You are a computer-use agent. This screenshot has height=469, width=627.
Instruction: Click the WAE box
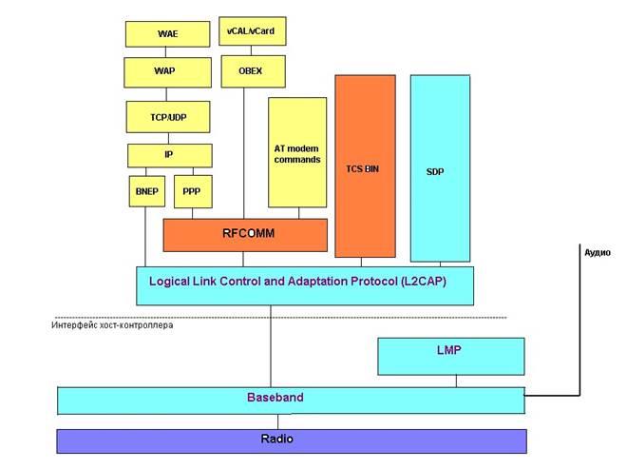[x=167, y=33]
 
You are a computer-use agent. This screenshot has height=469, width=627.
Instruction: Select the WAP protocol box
[x=167, y=70]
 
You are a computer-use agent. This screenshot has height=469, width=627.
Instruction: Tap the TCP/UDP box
[x=167, y=116]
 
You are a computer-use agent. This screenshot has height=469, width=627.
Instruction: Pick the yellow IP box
[x=169, y=154]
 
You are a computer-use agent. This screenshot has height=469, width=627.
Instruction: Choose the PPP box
[x=193, y=191]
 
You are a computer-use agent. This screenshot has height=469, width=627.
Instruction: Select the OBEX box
[x=244, y=70]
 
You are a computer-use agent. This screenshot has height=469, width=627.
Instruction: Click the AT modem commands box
[x=297, y=152]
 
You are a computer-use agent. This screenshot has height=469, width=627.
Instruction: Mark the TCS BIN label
[x=365, y=166]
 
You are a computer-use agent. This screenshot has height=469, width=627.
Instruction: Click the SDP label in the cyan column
[x=436, y=172]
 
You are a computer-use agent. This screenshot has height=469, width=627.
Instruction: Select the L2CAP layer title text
[x=297, y=282]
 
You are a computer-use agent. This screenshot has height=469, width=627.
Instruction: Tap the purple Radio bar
[x=292, y=440]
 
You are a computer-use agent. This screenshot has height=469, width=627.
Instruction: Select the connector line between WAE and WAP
[x=167, y=52]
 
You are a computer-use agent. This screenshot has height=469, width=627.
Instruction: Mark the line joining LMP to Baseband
[x=456, y=381]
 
